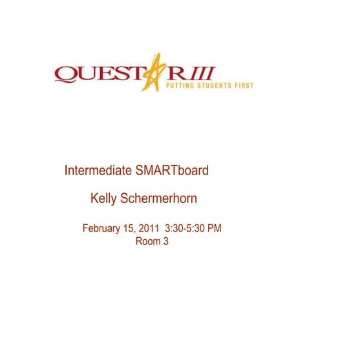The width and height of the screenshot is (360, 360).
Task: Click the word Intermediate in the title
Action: (x=98, y=171)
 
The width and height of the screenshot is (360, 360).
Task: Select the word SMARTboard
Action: (x=172, y=171)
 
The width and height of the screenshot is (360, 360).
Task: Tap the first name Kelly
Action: (x=104, y=199)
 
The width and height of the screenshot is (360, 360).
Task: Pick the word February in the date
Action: (x=103, y=229)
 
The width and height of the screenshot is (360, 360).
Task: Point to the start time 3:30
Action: (x=175, y=229)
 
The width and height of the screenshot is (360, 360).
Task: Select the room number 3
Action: (x=165, y=242)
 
